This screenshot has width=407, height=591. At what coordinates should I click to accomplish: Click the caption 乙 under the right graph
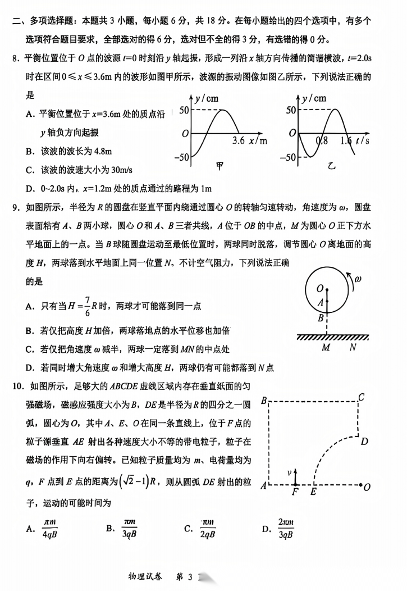(x=331, y=166)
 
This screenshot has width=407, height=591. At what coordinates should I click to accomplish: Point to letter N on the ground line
(x=353, y=347)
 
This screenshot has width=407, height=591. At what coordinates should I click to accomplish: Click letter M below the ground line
(x=327, y=347)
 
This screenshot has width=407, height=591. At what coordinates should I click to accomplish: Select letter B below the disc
(x=321, y=319)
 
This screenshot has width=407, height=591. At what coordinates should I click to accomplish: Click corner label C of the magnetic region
(x=362, y=398)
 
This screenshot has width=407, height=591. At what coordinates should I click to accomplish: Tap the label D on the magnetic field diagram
(x=364, y=441)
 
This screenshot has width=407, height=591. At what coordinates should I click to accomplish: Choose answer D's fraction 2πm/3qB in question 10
(x=286, y=528)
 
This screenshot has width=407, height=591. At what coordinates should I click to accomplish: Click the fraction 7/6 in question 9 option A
(x=88, y=306)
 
